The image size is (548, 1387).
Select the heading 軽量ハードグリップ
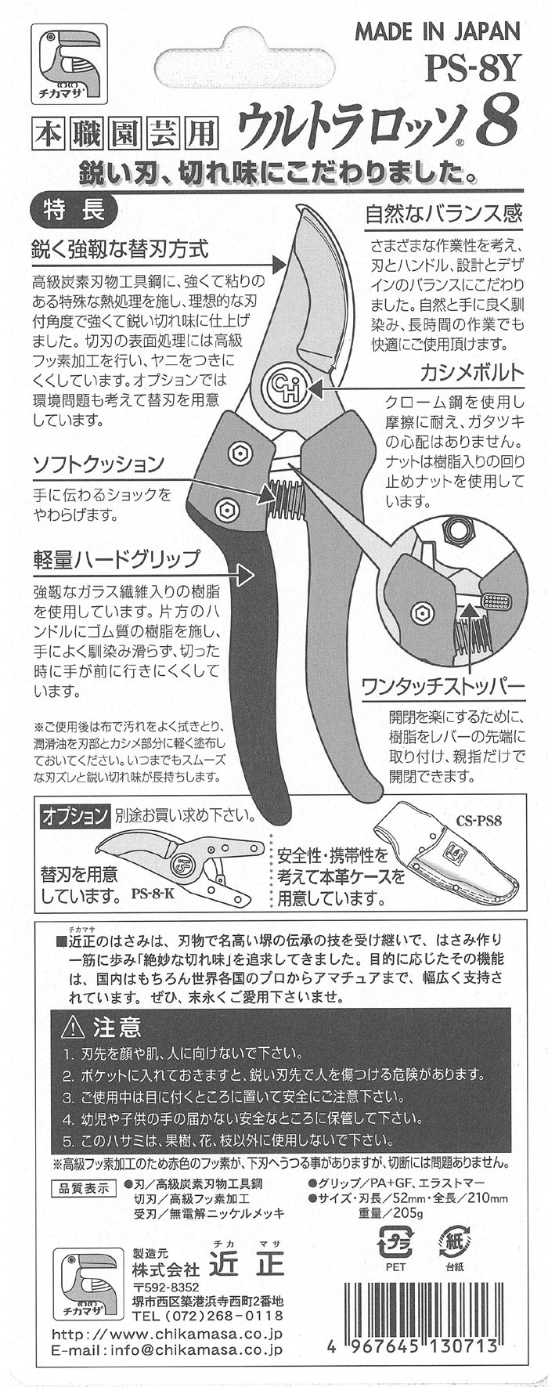(116, 560)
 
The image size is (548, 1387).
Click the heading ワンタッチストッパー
(442, 685)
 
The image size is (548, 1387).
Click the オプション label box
(75, 816)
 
